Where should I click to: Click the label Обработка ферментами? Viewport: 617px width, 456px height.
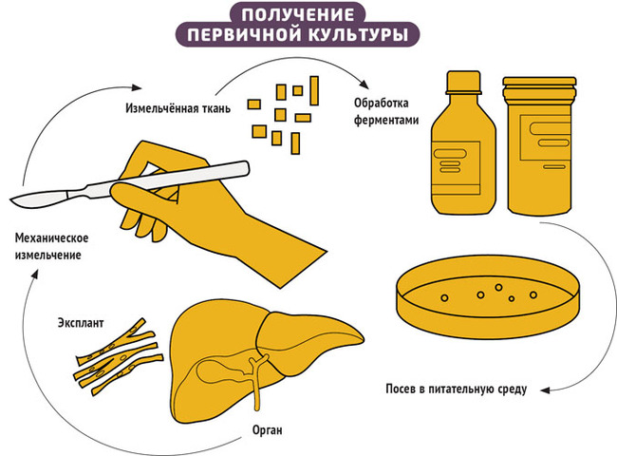pyautogui.click(x=385, y=111)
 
